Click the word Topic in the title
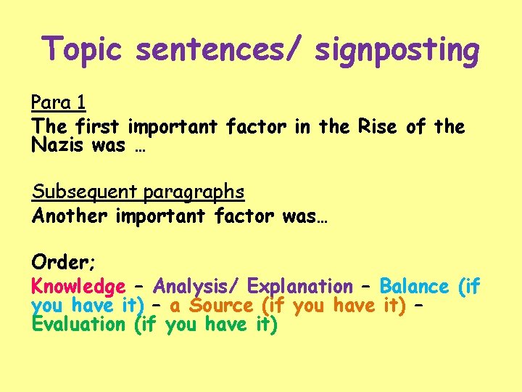pos(82,50)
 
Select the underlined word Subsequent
pos(85,192)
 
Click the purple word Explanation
pos(300,287)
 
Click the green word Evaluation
pos(79,324)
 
